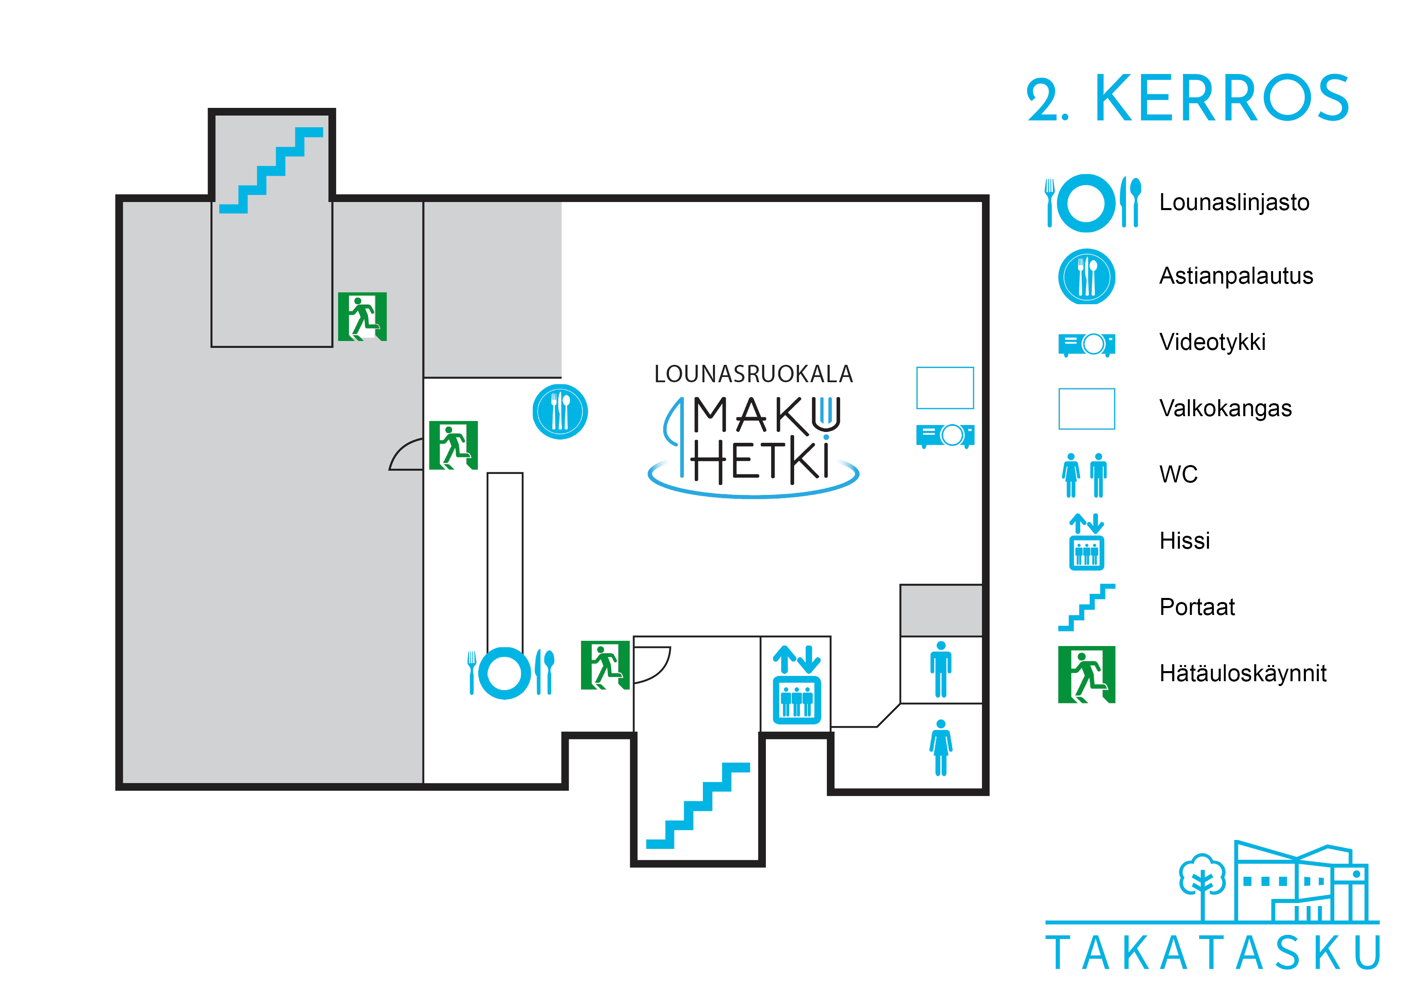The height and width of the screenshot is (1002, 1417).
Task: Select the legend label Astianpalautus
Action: pos(1236,276)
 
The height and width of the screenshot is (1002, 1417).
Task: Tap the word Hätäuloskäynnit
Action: pos(1243,674)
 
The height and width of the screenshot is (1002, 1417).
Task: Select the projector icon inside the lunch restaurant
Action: pos(945,435)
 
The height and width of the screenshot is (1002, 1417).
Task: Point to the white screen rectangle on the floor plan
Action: pos(945,388)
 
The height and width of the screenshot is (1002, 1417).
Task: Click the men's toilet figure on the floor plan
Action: pos(940,669)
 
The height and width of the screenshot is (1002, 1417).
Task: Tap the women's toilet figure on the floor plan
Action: pos(940,747)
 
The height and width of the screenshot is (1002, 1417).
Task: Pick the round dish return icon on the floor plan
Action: pos(560,412)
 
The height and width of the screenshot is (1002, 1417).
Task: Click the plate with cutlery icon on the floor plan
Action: pos(511,673)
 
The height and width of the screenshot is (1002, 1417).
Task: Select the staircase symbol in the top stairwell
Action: pos(271,170)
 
